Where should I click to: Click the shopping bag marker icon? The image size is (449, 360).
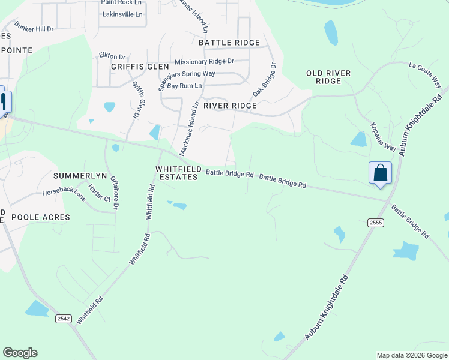[x=380, y=173]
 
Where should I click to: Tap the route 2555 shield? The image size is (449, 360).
[x=376, y=223]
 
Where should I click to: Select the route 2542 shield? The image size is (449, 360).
[x=63, y=319]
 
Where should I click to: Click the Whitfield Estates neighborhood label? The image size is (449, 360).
[x=177, y=173]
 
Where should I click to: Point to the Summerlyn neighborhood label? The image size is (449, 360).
[x=80, y=176]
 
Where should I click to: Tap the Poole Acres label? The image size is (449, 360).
[x=41, y=217]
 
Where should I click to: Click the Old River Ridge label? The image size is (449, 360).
[x=328, y=77]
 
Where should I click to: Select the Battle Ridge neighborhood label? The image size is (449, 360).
[x=229, y=43]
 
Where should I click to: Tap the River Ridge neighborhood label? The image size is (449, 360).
[x=230, y=106]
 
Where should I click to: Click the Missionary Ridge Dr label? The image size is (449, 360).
[x=204, y=62]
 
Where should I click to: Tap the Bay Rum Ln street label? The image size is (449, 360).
[x=185, y=86]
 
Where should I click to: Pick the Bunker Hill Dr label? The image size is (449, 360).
[x=34, y=28]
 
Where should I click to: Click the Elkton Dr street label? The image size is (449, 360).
[x=112, y=56]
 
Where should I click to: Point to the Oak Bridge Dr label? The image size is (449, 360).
[x=265, y=80]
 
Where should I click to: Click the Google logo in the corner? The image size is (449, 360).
[x=20, y=353]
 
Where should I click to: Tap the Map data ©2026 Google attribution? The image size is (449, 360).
[x=412, y=355]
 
